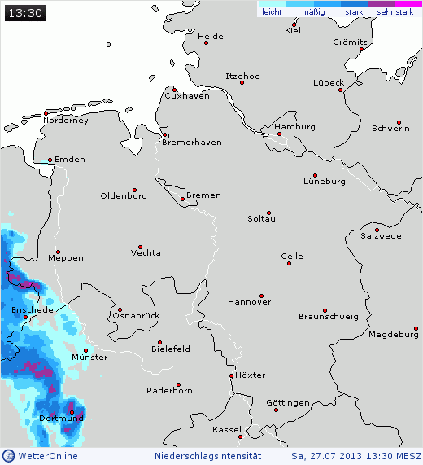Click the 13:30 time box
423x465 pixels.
coord(24,13)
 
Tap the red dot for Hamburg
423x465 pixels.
coord(278,134)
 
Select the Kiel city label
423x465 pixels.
coord(292,31)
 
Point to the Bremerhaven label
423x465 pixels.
coord(192,143)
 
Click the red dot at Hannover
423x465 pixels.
coord(261,296)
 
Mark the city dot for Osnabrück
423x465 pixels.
coord(120,309)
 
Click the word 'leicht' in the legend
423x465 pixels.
coord(272,12)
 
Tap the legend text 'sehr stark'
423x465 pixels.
coord(395,12)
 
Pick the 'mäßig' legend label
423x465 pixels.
coord(313,12)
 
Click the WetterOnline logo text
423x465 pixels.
coord(47,456)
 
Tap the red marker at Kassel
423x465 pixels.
coord(251,437)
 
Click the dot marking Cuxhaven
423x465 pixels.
coord(172,90)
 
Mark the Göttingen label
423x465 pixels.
coord(287,403)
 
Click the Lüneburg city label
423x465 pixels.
coord(325,182)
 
